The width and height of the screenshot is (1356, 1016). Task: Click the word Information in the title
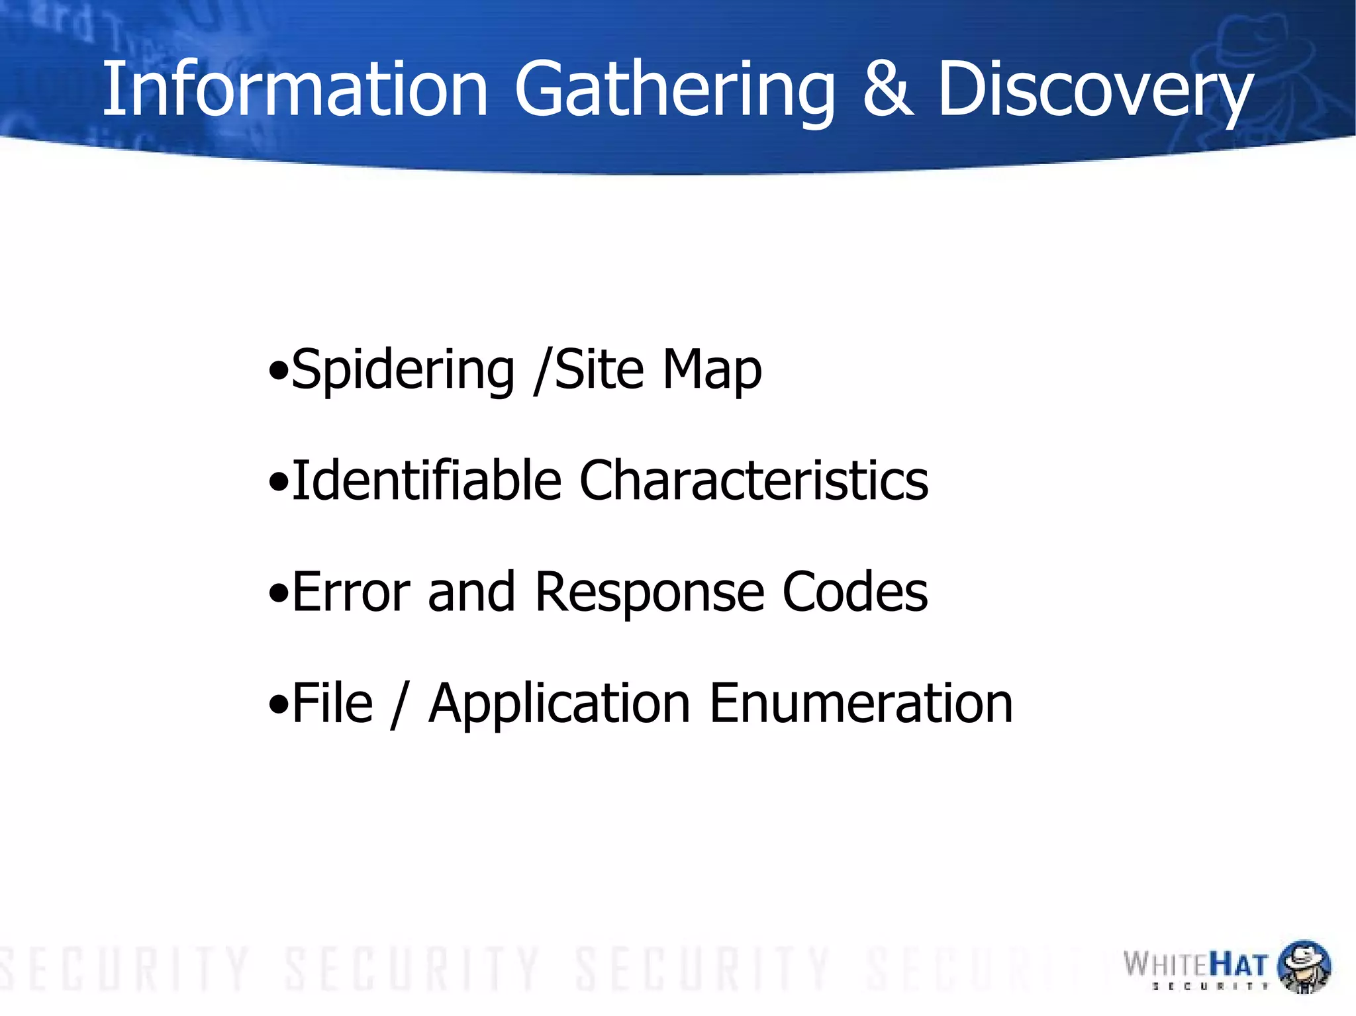pos(295,89)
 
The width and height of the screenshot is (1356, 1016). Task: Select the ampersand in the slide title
pos(888,89)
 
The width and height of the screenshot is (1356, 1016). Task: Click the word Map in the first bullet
pos(712,370)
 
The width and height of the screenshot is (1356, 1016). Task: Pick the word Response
pos(650,592)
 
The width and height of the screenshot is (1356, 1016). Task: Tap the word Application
pos(560,704)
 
